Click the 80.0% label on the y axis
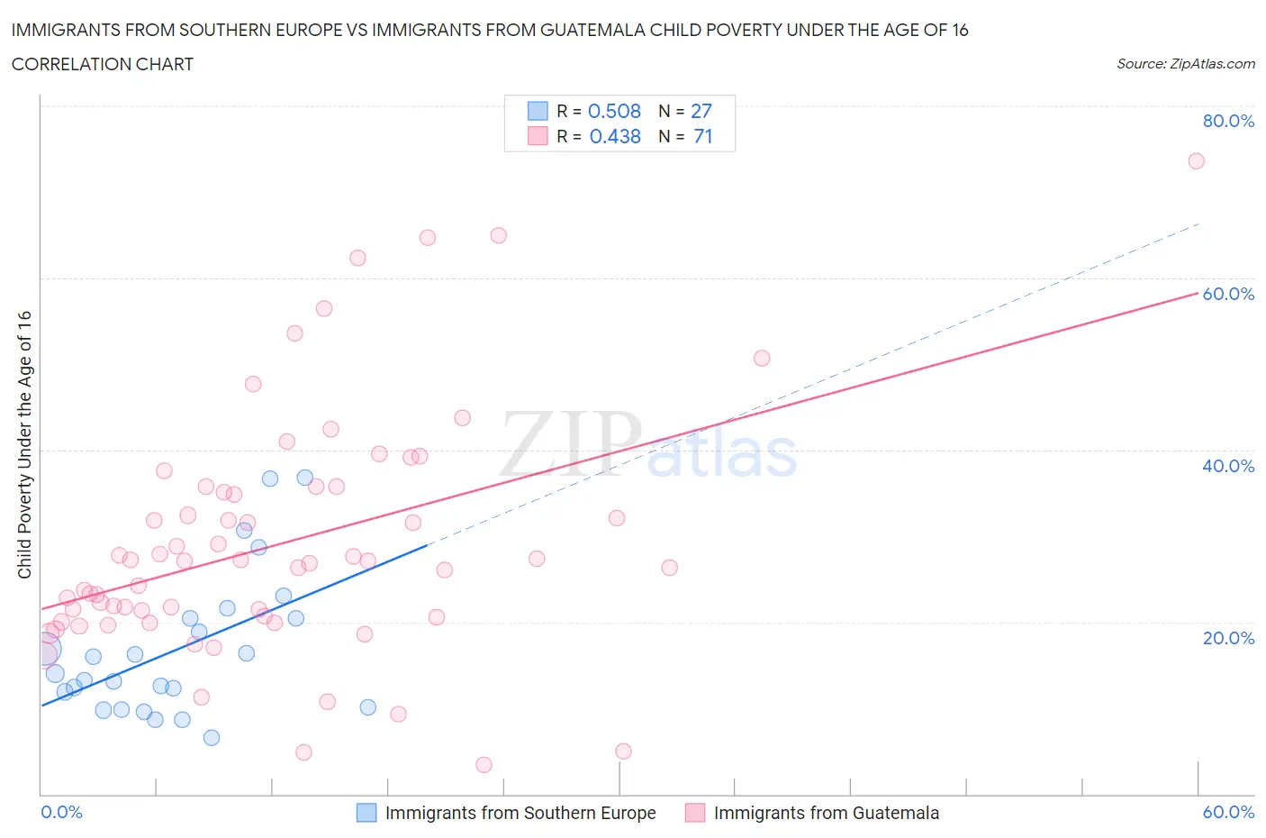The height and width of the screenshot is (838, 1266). click(x=1228, y=121)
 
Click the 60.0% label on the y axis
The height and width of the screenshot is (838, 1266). click(x=1228, y=294)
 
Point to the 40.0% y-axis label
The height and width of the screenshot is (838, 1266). click(x=1228, y=466)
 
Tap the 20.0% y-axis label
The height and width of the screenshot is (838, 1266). click(x=1228, y=638)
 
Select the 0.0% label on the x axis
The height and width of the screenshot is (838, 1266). click(x=61, y=812)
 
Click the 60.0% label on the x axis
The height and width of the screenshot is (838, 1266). click(x=1228, y=812)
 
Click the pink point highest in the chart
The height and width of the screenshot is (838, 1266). click(x=1196, y=161)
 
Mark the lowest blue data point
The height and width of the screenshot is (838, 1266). click(x=212, y=738)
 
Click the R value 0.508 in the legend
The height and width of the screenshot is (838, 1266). click(x=614, y=111)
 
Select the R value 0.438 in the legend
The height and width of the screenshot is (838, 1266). click(x=614, y=136)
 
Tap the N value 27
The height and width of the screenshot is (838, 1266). click(x=701, y=111)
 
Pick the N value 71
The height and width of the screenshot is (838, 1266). click(x=702, y=136)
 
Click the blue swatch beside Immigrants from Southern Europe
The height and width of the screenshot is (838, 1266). click(x=366, y=813)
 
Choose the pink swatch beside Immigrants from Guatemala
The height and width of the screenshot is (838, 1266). click(x=694, y=813)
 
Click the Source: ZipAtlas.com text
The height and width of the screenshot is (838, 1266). click(x=1185, y=64)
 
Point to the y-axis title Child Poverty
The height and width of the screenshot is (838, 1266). click(x=24, y=444)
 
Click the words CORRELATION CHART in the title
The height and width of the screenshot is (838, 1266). click(x=103, y=64)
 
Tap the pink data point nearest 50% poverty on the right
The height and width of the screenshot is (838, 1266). click(x=762, y=358)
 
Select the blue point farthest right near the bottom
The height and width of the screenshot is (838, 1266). click(x=367, y=707)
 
